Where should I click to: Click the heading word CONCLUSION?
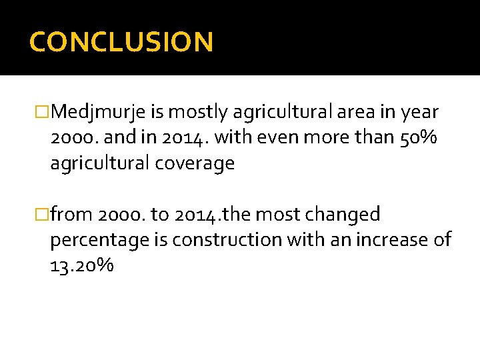[x=121, y=42]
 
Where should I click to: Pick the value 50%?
[x=417, y=137]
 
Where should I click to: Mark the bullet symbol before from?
[x=43, y=215]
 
